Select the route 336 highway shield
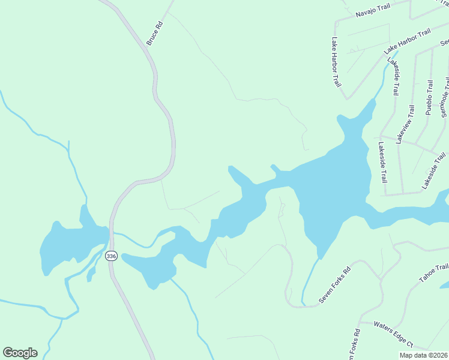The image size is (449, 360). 110,256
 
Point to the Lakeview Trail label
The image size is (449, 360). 406,124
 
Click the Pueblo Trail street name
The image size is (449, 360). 429,98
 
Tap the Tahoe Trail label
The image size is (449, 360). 433,274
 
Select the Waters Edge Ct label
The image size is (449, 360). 393,334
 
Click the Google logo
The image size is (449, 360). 20,353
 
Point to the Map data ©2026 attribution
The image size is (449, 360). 423,355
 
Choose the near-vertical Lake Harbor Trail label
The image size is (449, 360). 336,62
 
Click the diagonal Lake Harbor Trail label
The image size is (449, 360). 408,40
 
